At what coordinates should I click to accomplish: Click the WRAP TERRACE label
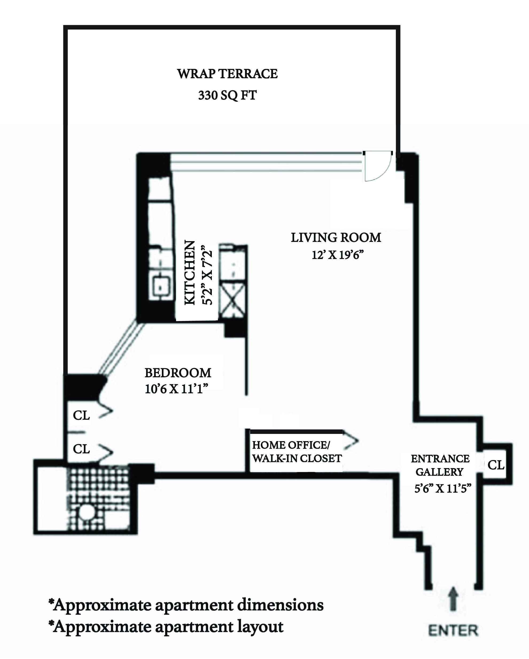pyautogui.click(x=227, y=74)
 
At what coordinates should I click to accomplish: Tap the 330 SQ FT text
pyautogui.click(x=227, y=95)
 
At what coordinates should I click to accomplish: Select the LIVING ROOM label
pyautogui.click(x=336, y=238)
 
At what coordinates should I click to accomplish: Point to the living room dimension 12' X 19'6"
pyautogui.click(x=338, y=255)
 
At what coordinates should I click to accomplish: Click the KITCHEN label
pyautogui.click(x=190, y=273)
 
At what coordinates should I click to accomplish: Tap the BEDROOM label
pyautogui.click(x=178, y=373)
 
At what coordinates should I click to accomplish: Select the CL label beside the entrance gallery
pyautogui.click(x=496, y=465)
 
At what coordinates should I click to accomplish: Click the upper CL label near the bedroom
pyautogui.click(x=81, y=415)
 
